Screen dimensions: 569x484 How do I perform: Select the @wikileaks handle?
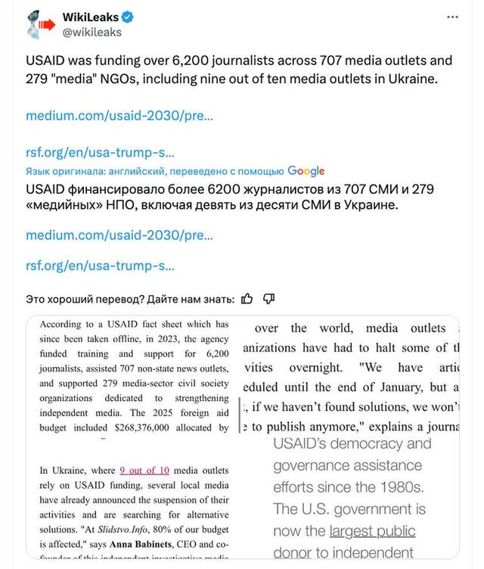(x=91, y=33)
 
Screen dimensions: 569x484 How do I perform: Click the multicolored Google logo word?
(x=306, y=171)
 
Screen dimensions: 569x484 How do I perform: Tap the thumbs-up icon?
(x=247, y=299)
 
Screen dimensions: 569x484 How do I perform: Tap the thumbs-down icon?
(x=268, y=299)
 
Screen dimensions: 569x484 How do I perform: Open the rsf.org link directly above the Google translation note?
(x=100, y=151)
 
